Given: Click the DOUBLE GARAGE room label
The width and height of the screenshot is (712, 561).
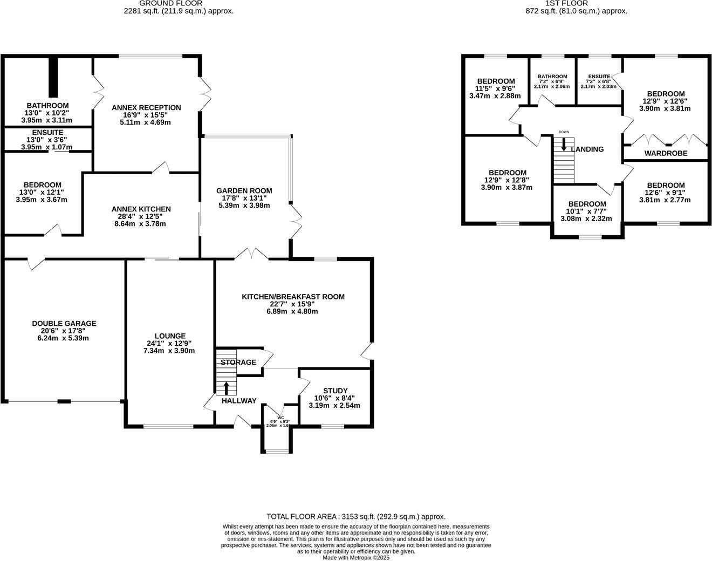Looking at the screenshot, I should click(64, 324).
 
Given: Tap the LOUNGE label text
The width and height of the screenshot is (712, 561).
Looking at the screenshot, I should click(169, 336).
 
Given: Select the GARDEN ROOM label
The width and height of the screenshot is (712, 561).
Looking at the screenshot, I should click(244, 191).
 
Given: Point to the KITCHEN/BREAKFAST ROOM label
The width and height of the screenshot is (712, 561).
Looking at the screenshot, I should click(293, 297).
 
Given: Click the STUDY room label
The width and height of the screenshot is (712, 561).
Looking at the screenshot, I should click(334, 391).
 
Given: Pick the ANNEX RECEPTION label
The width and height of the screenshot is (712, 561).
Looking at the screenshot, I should click(146, 108).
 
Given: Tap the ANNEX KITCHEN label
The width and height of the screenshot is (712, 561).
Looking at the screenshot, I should click(141, 209).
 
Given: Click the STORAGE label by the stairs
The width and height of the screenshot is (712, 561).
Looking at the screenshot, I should click(238, 362).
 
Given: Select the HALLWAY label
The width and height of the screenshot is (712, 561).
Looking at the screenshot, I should click(238, 401).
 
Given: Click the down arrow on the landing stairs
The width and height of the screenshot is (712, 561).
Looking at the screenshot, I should click(564, 144).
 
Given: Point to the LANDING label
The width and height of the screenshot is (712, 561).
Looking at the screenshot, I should click(587, 149).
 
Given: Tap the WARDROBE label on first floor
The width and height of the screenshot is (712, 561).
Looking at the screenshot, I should click(666, 154).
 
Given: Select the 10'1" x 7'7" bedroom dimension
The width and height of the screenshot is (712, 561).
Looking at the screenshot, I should click(587, 211).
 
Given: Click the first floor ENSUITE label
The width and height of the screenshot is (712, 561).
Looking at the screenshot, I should click(599, 77).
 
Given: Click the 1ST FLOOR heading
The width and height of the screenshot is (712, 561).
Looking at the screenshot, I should click(576, 3).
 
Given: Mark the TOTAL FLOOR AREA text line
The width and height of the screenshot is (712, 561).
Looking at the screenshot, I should click(356, 517).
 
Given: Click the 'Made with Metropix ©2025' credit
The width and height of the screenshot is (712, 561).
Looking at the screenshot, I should click(356, 558).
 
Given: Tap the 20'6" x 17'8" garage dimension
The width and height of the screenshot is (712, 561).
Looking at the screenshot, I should click(64, 331).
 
